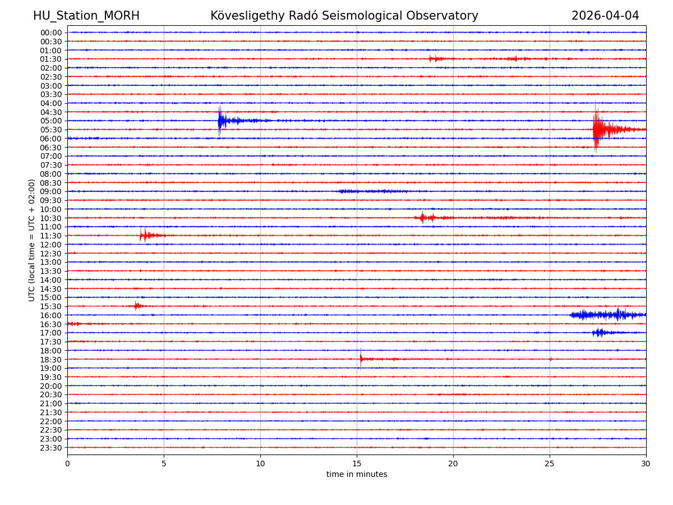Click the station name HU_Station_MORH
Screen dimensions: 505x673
86,16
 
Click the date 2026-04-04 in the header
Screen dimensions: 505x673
605,16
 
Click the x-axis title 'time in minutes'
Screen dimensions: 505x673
357,475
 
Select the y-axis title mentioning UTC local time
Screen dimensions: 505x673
33,240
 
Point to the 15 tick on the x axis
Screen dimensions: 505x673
357,464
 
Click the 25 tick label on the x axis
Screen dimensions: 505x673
550,464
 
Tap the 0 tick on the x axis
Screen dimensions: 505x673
67,464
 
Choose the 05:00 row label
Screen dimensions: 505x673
51,121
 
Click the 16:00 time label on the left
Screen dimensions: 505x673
51,315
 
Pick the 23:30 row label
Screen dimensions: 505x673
51,448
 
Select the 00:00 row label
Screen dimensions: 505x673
51,33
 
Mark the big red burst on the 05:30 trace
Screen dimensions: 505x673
597,130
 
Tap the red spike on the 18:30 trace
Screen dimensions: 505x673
361,359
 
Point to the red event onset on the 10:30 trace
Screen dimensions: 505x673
422,218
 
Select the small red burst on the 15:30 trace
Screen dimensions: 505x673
136,306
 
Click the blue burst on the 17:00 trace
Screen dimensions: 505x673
599,333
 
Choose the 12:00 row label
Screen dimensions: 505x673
51,245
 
